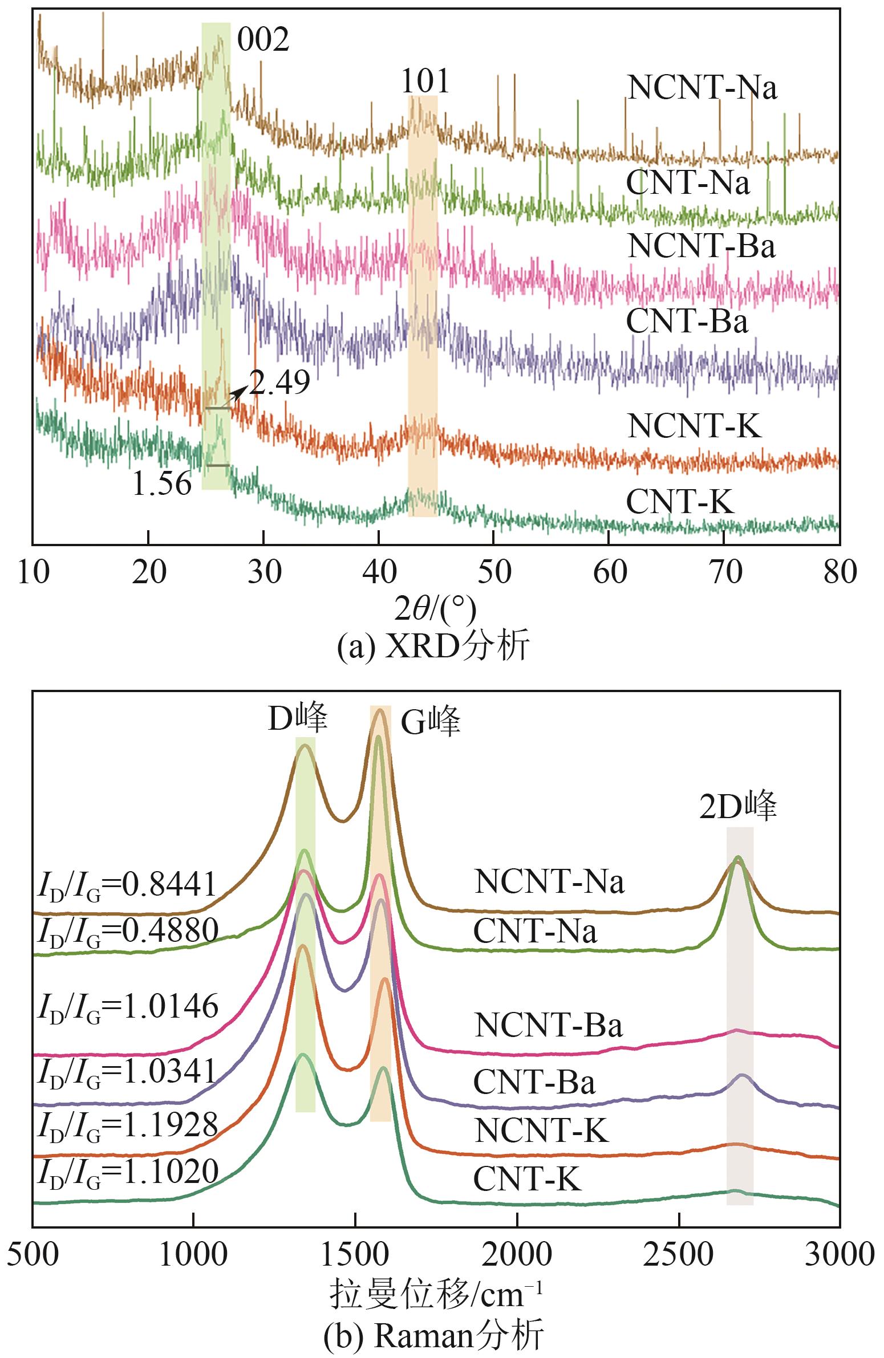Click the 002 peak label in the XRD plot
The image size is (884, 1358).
pyautogui.click(x=263, y=39)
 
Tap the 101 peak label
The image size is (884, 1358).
pyautogui.click(x=425, y=81)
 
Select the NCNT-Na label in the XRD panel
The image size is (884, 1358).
pyautogui.click(x=701, y=88)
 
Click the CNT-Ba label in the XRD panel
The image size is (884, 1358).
pyautogui.click(x=687, y=321)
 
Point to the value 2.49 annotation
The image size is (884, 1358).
pyautogui.click(x=279, y=383)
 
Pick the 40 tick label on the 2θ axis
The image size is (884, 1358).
pyautogui.click(x=379, y=571)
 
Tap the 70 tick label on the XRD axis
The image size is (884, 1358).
pyautogui.click(x=725, y=571)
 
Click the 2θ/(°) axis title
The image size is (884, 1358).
pyautogui.click(x=435, y=609)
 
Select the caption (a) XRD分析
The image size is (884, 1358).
pyautogui.click(x=433, y=647)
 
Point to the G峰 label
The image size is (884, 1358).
pyautogui.click(x=430, y=722)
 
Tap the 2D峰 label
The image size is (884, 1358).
pyautogui.click(x=738, y=806)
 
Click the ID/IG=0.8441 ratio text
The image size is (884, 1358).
pyautogui.click(x=127, y=885)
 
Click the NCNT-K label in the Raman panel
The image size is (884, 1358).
pyautogui.click(x=541, y=1130)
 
